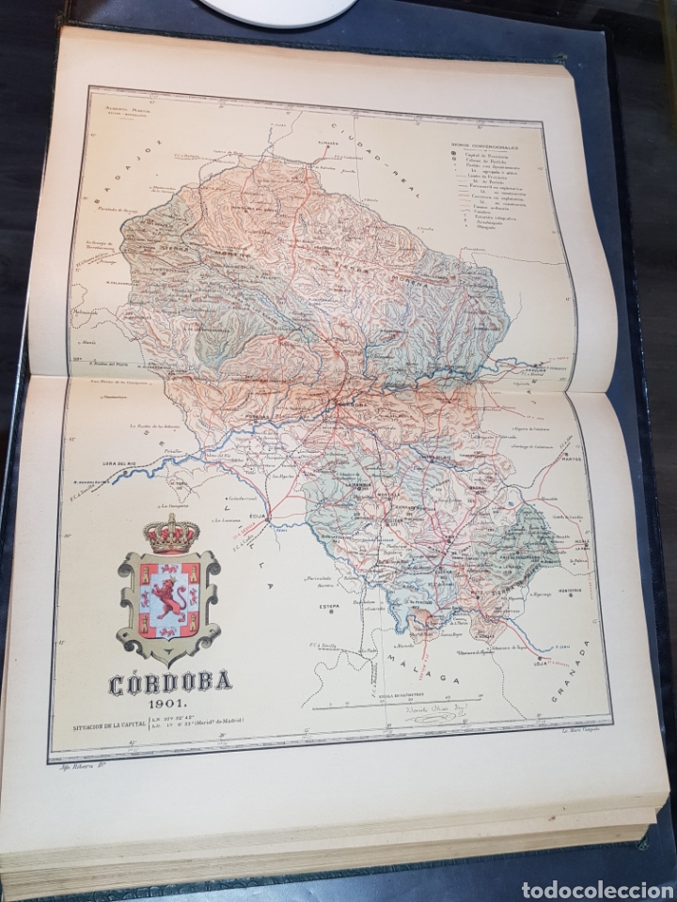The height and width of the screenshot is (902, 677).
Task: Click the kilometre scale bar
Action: [x=441, y=700]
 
